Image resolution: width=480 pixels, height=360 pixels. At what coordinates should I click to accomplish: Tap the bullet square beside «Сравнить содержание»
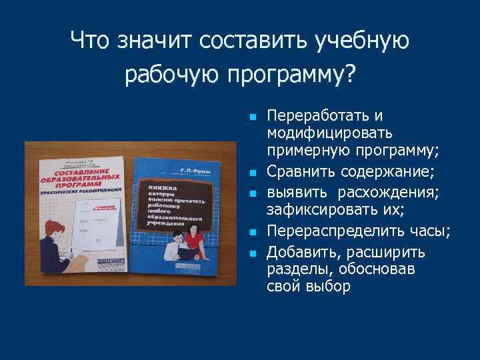(x=253, y=173)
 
